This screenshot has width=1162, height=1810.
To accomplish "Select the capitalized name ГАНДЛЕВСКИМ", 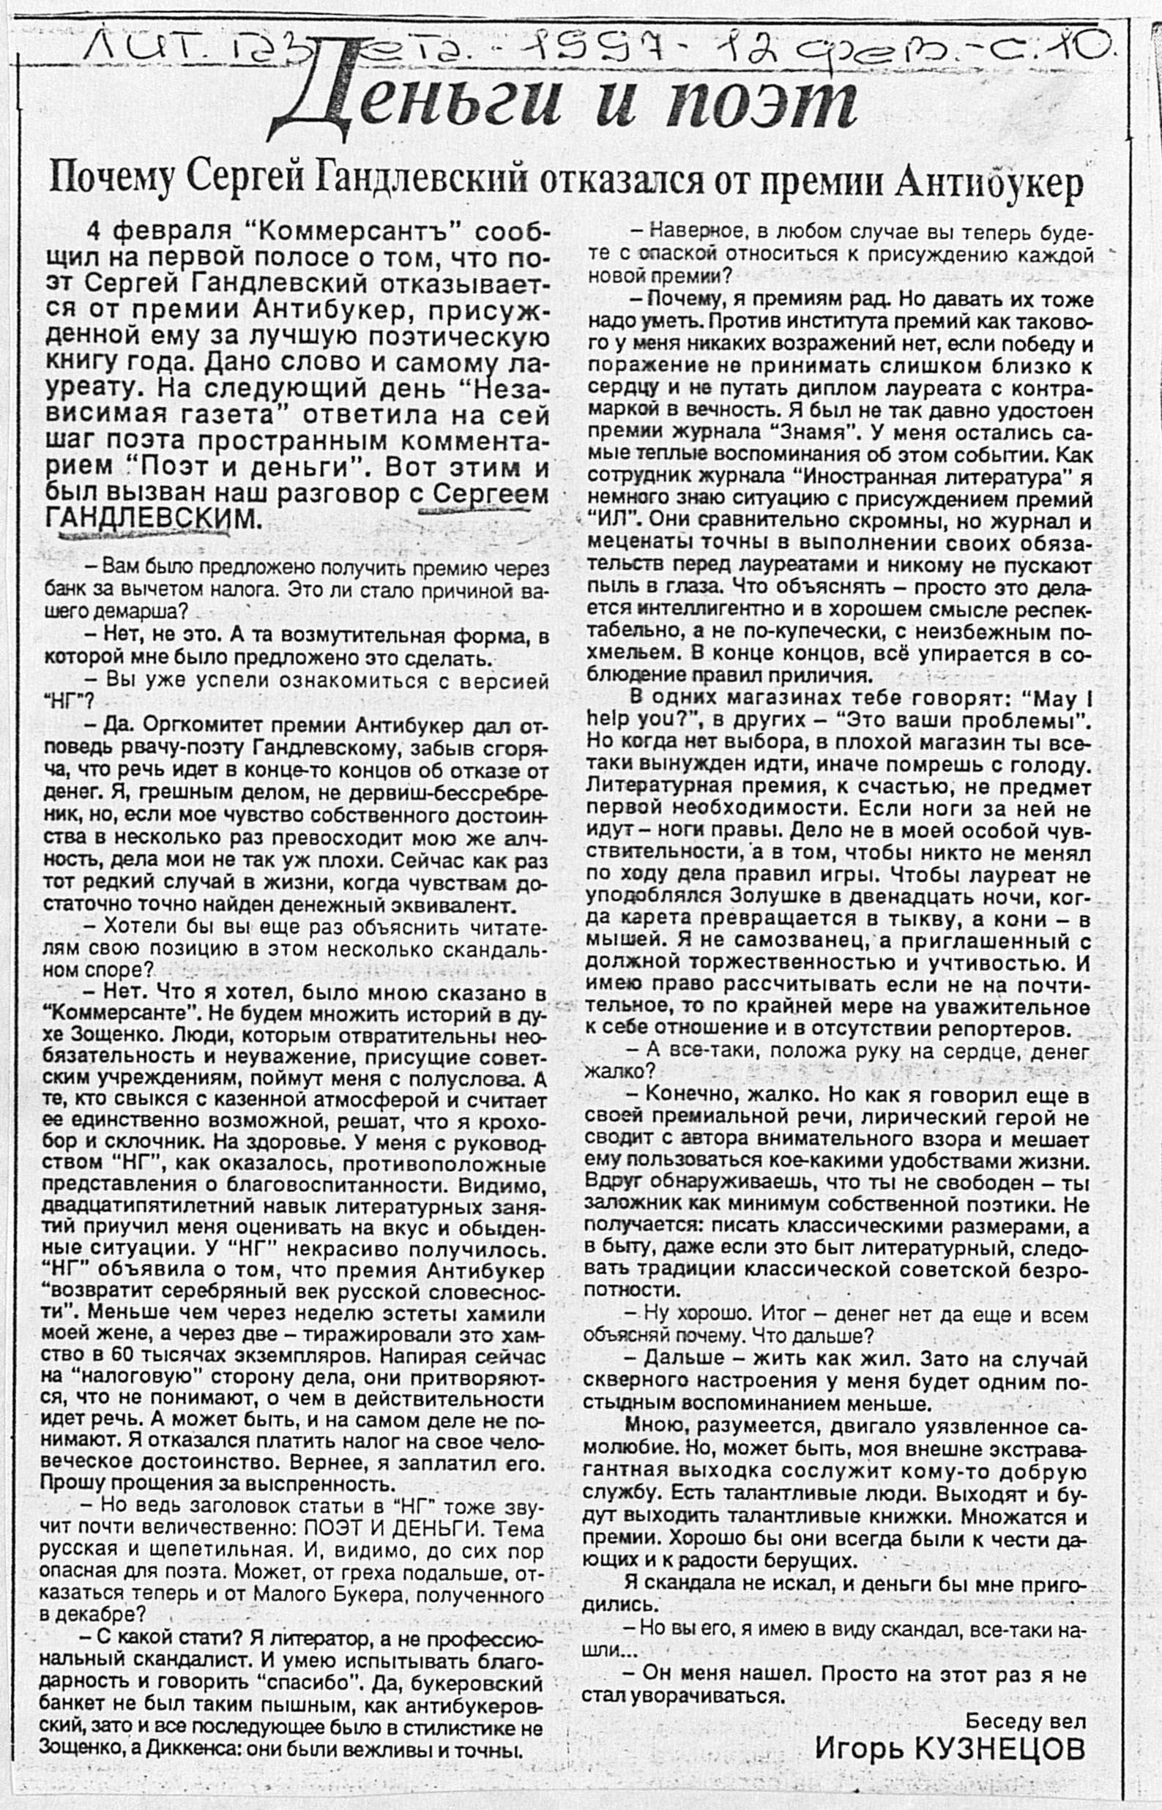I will coord(150,518).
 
